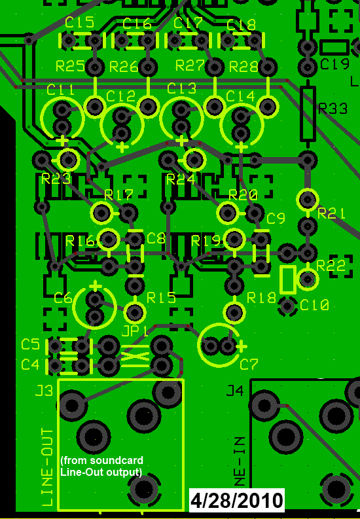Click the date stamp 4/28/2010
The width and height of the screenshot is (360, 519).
pos(237,501)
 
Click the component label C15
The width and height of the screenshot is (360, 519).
pos(79,23)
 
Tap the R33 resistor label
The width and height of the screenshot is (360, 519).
pos(332,109)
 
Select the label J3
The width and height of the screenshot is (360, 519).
pos(44,391)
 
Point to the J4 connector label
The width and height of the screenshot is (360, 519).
pos(234,391)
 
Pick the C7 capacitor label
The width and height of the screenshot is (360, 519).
pos(249,364)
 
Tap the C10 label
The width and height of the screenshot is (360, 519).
pos(314,305)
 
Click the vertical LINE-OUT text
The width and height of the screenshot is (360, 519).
pos(47,467)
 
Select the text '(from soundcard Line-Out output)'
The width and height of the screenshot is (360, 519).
pos(101,466)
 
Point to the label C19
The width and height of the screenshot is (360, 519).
pos(334,65)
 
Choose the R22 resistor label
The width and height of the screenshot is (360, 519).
pos(331,265)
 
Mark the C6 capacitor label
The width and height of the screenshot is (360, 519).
pos(63,298)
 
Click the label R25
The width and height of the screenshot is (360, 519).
pos(70,66)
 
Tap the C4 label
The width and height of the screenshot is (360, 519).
pos(30,364)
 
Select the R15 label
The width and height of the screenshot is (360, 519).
pos(161,298)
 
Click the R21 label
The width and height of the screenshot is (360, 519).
pos(331,213)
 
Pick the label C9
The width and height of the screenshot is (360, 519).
pos(276,219)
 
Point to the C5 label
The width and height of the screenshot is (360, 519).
pos(30,344)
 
